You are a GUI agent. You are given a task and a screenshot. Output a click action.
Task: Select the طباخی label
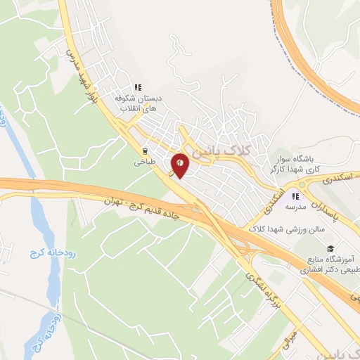145,162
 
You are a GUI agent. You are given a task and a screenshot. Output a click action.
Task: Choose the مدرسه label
295,207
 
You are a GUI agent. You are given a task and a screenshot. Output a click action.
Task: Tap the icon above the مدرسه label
295,195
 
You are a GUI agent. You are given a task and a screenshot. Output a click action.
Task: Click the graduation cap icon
328,247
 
